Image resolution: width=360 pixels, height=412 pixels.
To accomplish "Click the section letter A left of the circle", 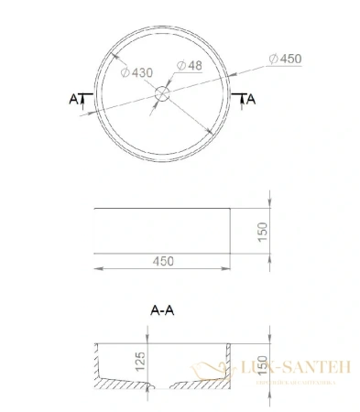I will (74, 97).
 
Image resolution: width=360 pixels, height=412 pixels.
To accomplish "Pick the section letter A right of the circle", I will (249, 97).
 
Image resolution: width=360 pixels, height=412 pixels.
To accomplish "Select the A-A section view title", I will (162, 309).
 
